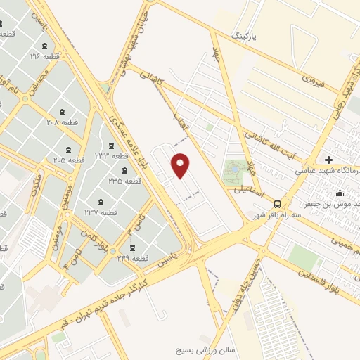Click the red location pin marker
click(181, 165)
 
